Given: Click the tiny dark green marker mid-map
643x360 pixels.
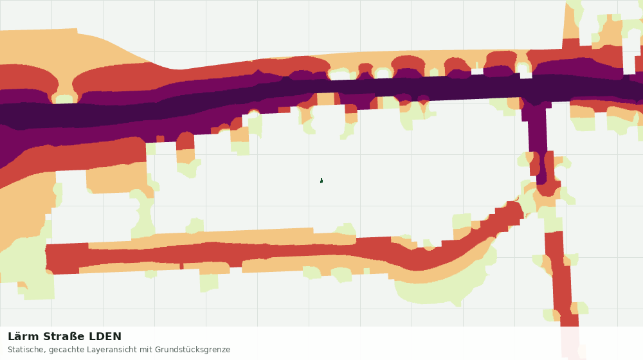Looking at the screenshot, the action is (321, 181).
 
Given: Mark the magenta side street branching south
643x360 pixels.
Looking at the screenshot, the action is (537, 139).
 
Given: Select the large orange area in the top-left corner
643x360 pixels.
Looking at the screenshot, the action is (62, 47).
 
